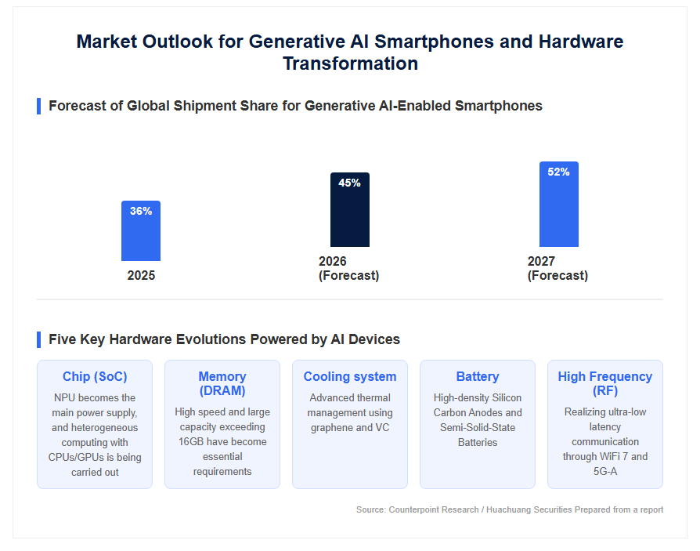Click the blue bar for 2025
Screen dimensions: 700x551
tap(141, 230)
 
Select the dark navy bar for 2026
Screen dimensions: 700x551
tap(349, 209)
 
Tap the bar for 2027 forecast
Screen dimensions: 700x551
tap(558, 205)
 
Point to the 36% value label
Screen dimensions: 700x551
tap(141, 211)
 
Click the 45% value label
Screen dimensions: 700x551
tap(349, 183)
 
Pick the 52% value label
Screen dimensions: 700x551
tap(558, 172)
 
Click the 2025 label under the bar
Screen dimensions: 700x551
tap(141, 275)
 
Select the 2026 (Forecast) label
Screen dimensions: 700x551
tap(348, 268)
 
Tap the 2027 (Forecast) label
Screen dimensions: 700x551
tap(557, 268)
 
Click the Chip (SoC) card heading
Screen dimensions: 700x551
tap(95, 377)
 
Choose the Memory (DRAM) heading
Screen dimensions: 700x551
tap(222, 383)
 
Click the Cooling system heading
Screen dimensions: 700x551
tap(350, 377)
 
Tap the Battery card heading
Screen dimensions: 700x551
tap(477, 377)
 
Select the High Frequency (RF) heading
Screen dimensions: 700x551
tap(605, 383)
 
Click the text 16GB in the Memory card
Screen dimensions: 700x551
tap(191, 441)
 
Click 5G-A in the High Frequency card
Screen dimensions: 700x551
tap(605, 472)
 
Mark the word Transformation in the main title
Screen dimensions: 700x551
tap(351, 63)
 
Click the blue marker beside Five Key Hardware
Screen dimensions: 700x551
tap(39, 339)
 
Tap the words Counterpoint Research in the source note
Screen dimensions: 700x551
tap(434, 510)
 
